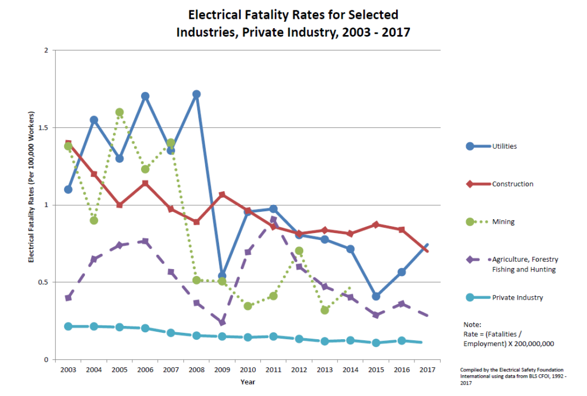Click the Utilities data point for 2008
(x=197, y=94)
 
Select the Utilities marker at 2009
(x=222, y=276)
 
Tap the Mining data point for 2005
(x=119, y=112)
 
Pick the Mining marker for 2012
(x=299, y=251)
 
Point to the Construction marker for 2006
(x=145, y=184)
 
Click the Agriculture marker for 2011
(x=273, y=220)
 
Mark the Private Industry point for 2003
(x=68, y=326)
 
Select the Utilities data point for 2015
(x=376, y=297)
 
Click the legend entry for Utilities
(x=504, y=146)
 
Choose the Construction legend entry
(x=512, y=184)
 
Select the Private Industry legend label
(x=518, y=297)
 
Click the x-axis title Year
(x=248, y=382)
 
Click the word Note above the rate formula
(x=471, y=324)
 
